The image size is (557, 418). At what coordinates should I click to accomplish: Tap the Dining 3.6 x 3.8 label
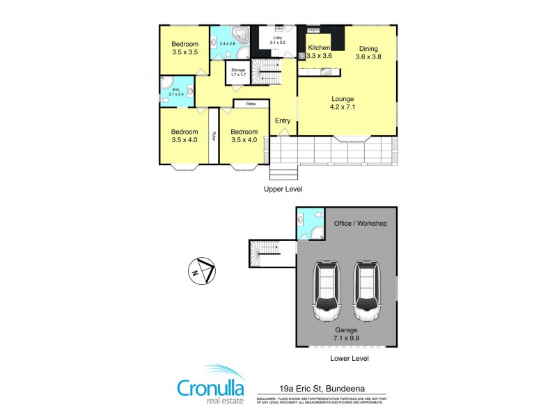point(368,53)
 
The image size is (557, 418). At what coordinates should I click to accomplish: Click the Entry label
point(283,121)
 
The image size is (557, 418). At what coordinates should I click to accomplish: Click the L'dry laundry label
point(277,38)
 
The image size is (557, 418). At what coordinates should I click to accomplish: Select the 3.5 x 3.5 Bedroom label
point(185,47)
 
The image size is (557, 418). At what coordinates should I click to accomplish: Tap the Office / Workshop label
point(360,224)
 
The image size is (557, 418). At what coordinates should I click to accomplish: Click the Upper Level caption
point(283,189)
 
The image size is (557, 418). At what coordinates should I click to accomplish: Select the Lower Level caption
point(349,358)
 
